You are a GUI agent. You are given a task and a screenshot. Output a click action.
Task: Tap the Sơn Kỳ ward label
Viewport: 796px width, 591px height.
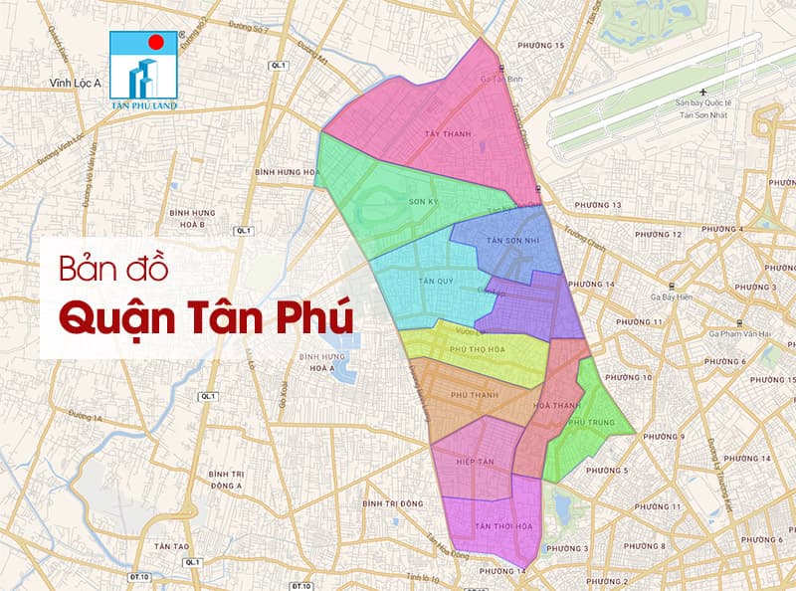424,200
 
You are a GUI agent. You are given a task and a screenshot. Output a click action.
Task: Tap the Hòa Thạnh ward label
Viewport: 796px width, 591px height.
557,405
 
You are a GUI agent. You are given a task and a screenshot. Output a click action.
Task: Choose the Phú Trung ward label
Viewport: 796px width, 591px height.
586,422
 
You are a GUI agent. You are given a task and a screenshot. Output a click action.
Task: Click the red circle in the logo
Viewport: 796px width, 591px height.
154,44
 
